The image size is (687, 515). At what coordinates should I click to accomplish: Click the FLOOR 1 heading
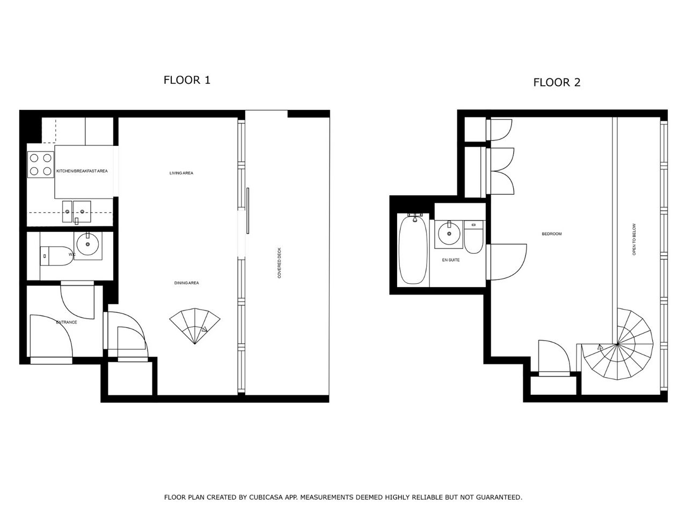coord(187,80)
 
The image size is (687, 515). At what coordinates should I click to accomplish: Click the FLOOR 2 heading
coord(557,83)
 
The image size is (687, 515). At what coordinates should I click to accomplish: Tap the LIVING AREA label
coord(181,173)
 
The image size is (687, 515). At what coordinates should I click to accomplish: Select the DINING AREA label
coord(187,283)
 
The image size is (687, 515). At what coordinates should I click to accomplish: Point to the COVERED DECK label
coord(280,263)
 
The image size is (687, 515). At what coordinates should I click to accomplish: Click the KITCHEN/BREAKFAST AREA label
coord(82,171)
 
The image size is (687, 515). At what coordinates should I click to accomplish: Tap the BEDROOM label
coord(552,233)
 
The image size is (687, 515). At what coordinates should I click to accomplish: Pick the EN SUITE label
coord(451,260)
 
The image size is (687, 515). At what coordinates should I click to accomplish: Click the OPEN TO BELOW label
coord(634,239)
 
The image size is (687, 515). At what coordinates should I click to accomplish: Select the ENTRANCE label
coord(67,322)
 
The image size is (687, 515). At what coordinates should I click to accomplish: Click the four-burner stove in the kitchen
coord(41,165)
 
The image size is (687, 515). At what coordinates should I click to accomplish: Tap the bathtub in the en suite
coord(413,249)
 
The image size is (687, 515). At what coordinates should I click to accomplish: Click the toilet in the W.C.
coord(56,256)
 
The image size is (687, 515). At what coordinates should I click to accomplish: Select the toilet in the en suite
coord(473,237)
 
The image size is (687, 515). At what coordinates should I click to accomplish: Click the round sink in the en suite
coord(449,234)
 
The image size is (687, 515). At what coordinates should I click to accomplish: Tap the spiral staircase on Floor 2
coord(617,344)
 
